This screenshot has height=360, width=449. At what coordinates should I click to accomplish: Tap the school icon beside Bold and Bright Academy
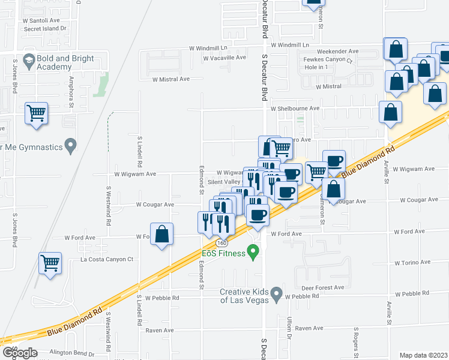point(28,61)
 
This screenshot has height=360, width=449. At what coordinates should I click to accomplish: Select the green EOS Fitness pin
point(254,254)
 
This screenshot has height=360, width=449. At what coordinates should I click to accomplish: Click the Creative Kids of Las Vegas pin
point(277,295)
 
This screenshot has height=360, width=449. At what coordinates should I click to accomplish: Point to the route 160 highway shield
point(222,243)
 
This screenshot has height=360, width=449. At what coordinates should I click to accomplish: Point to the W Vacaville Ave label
point(224,58)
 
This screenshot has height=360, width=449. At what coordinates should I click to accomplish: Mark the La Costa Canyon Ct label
point(107,259)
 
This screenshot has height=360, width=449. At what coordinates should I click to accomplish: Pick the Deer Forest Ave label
point(323,287)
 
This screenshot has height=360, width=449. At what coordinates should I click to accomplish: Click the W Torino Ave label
point(410,262)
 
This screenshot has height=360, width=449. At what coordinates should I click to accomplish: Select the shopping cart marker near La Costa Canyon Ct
point(50,262)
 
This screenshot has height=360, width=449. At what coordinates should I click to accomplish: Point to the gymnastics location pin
point(71,145)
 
